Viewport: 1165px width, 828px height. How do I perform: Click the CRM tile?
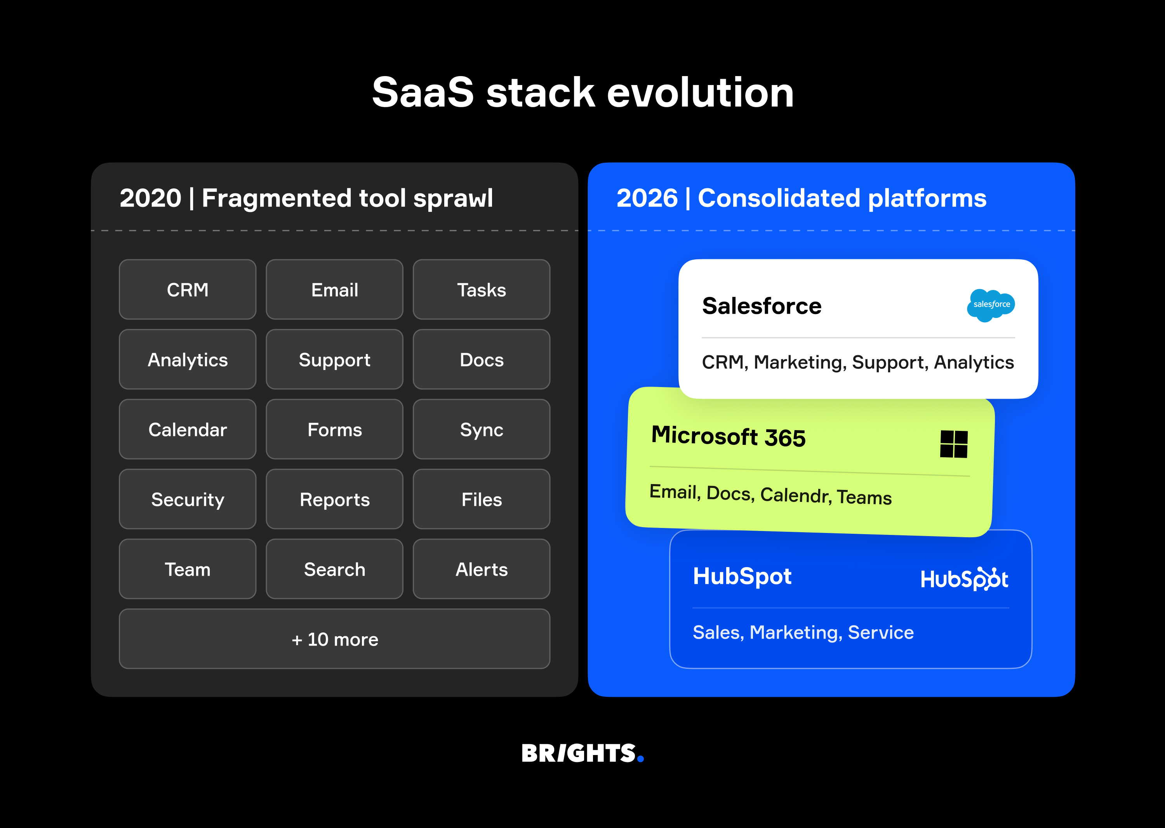(187, 290)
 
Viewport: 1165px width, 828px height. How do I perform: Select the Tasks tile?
(481, 290)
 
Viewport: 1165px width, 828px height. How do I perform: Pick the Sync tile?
(481, 429)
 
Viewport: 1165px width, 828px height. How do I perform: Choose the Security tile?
(187, 499)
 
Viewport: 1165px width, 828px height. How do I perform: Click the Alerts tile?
(481, 569)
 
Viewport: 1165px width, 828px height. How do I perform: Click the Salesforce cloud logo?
(991, 305)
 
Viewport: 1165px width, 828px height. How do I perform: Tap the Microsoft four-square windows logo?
(953, 444)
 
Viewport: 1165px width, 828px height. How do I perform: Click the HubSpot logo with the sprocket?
(963, 579)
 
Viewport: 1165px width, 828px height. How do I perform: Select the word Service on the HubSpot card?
(880, 632)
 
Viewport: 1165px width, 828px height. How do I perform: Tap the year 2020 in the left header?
(150, 198)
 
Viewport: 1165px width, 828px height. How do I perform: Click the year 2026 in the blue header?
(647, 198)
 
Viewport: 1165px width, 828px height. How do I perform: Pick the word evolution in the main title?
(700, 93)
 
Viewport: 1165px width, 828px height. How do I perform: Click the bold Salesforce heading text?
(762, 306)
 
